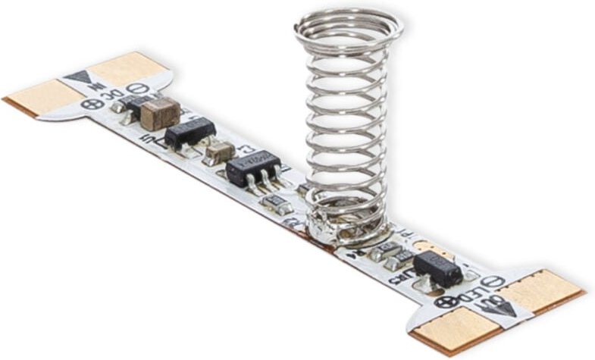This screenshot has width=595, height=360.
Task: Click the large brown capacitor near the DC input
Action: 160,114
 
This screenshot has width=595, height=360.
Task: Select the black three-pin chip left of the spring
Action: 252,168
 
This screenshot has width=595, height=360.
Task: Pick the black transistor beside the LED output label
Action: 437,267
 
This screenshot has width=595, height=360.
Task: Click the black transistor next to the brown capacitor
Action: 189,133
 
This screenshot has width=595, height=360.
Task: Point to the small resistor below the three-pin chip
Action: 274,202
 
